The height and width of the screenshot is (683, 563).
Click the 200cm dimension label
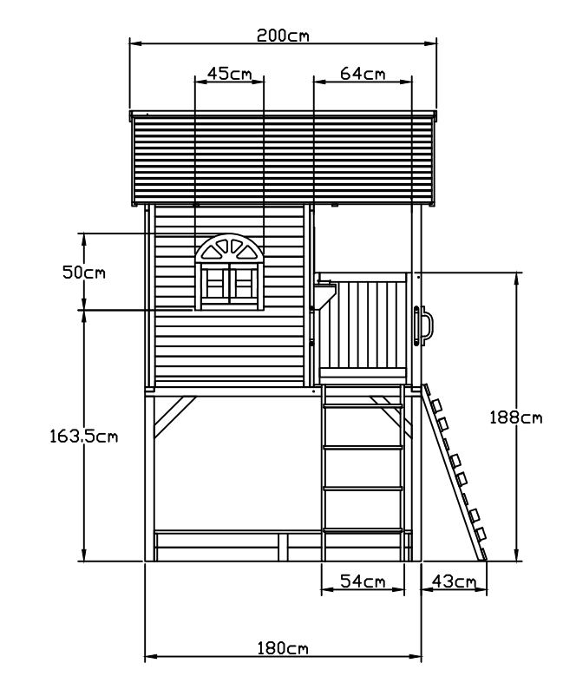click(x=283, y=36)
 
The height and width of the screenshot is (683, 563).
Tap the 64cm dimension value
click(x=363, y=74)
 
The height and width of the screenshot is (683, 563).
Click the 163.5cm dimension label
click(x=83, y=436)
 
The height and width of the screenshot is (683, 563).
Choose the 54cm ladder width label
click(x=363, y=581)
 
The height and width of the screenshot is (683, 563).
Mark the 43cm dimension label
click(x=454, y=581)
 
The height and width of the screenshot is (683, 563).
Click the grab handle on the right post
click(x=426, y=326)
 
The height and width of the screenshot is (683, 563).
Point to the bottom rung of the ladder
click(x=363, y=531)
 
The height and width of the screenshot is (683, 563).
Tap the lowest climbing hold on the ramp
click(x=480, y=532)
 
